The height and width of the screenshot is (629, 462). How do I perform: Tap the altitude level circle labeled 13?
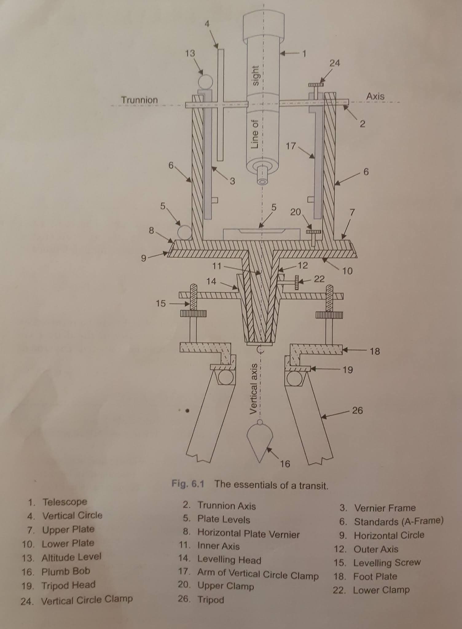coord(205,82)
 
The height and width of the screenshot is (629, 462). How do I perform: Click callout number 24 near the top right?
coord(335,63)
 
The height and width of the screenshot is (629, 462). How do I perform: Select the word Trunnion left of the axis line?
coord(139,100)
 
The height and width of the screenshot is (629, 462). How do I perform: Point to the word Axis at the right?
coord(375,96)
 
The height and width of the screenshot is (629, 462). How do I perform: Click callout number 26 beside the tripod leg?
coord(357,410)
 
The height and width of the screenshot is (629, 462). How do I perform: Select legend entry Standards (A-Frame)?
coord(398,521)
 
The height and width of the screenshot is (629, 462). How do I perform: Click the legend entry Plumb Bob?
coord(66,572)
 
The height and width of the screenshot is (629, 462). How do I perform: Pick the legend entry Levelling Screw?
coord(386,563)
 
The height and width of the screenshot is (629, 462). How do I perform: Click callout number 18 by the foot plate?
coord(375,351)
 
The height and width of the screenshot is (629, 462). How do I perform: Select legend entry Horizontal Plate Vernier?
coord(248,534)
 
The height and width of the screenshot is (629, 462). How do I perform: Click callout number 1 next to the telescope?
coord(304,54)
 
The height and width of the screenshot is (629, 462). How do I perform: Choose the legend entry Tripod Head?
coord(68,585)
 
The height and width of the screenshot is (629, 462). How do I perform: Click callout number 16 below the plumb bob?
coord(285,464)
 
